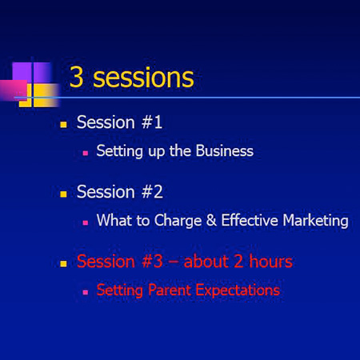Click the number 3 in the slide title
(77, 77)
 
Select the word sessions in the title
(143, 78)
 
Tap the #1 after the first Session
(152, 122)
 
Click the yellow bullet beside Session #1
(63, 124)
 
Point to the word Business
(225, 151)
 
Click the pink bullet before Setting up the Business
(86, 153)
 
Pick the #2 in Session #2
(152, 192)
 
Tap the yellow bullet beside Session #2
(63, 194)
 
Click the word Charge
(178, 221)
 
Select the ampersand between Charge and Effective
(211, 220)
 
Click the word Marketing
(315, 221)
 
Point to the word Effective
(250, 220)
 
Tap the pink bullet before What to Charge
(86, 222)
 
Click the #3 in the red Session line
(152, 262)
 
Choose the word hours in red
(271, 261)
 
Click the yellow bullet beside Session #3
(63, 264)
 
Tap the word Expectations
(238, 290)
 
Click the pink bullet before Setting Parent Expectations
(86, 292)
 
